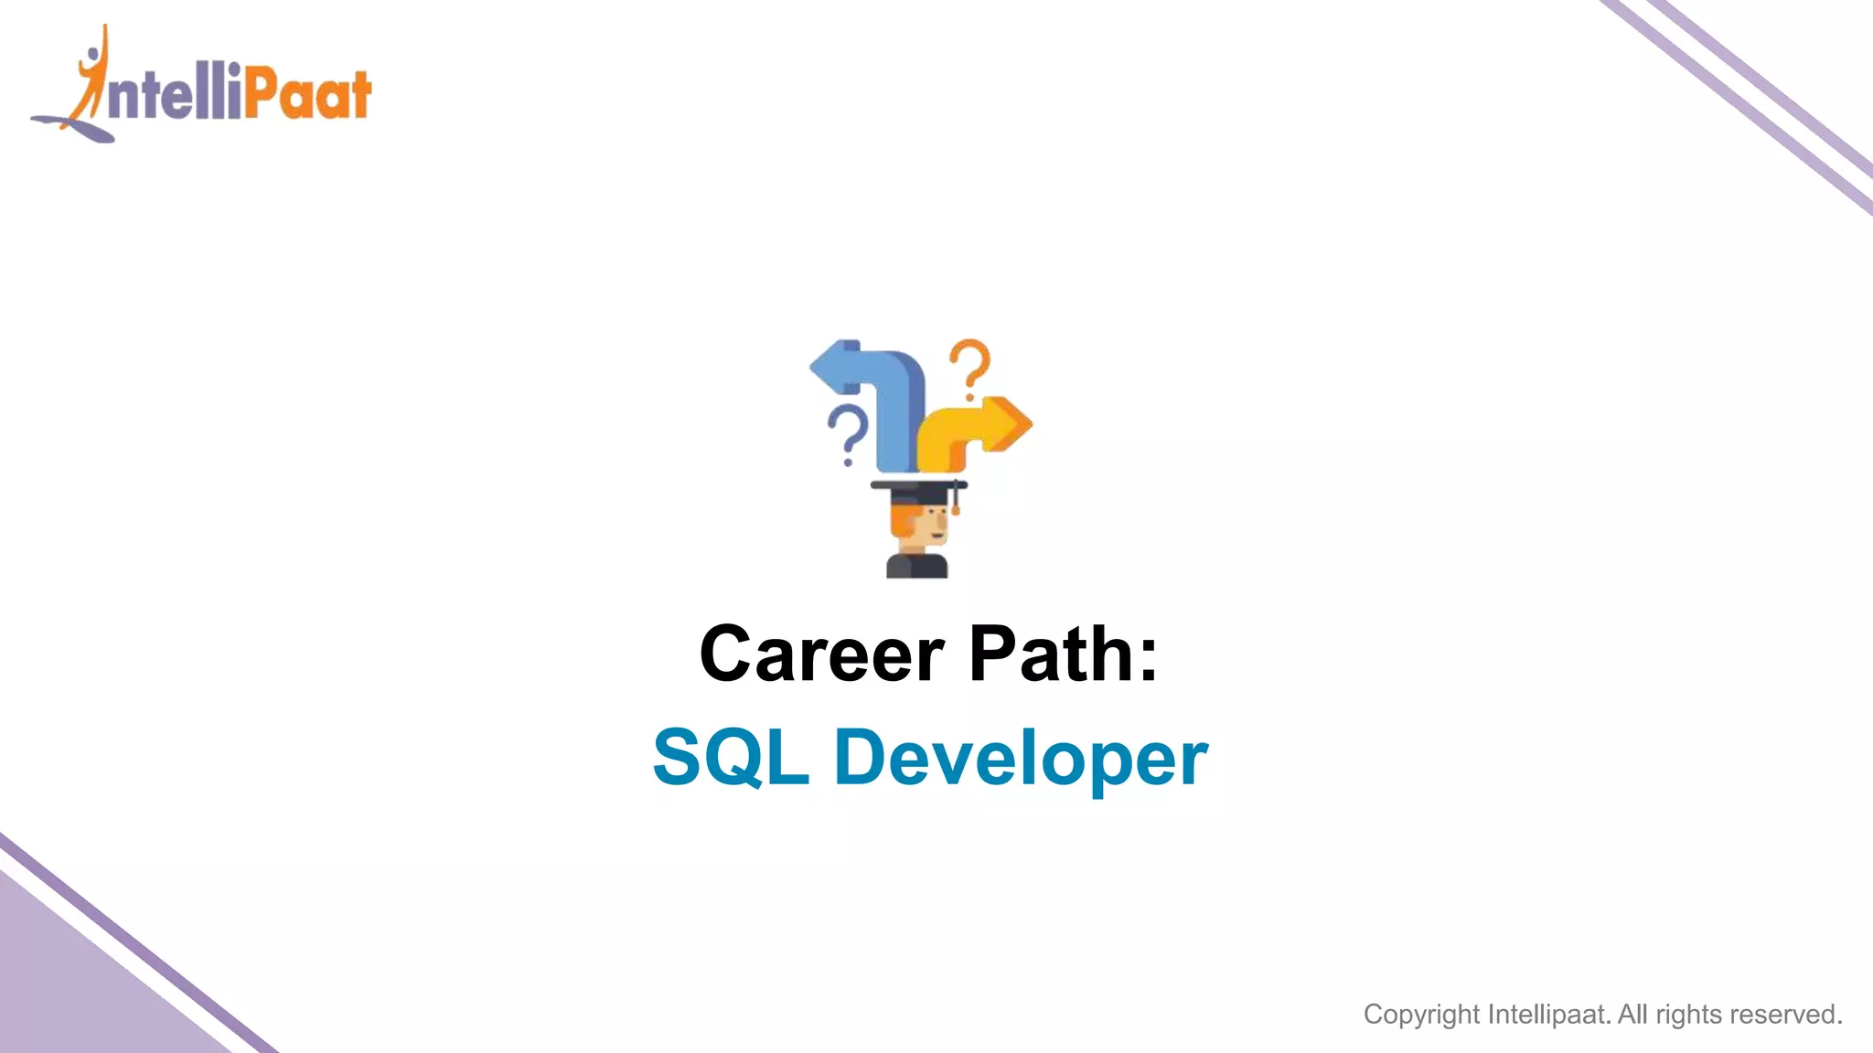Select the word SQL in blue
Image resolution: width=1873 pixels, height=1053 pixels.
tap(731, 757)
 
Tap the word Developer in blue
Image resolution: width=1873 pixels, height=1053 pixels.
tap(1021, 759)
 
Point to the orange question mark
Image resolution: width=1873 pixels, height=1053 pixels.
tap(970, 367)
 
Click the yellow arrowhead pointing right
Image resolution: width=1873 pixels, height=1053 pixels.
tap(1011, 423)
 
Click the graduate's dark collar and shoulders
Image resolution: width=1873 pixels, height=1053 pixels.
tap(916, 566)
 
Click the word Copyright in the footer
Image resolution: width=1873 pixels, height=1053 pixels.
tap(1421, 1015)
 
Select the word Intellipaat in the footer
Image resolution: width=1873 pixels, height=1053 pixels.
tap(1548, 1015)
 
